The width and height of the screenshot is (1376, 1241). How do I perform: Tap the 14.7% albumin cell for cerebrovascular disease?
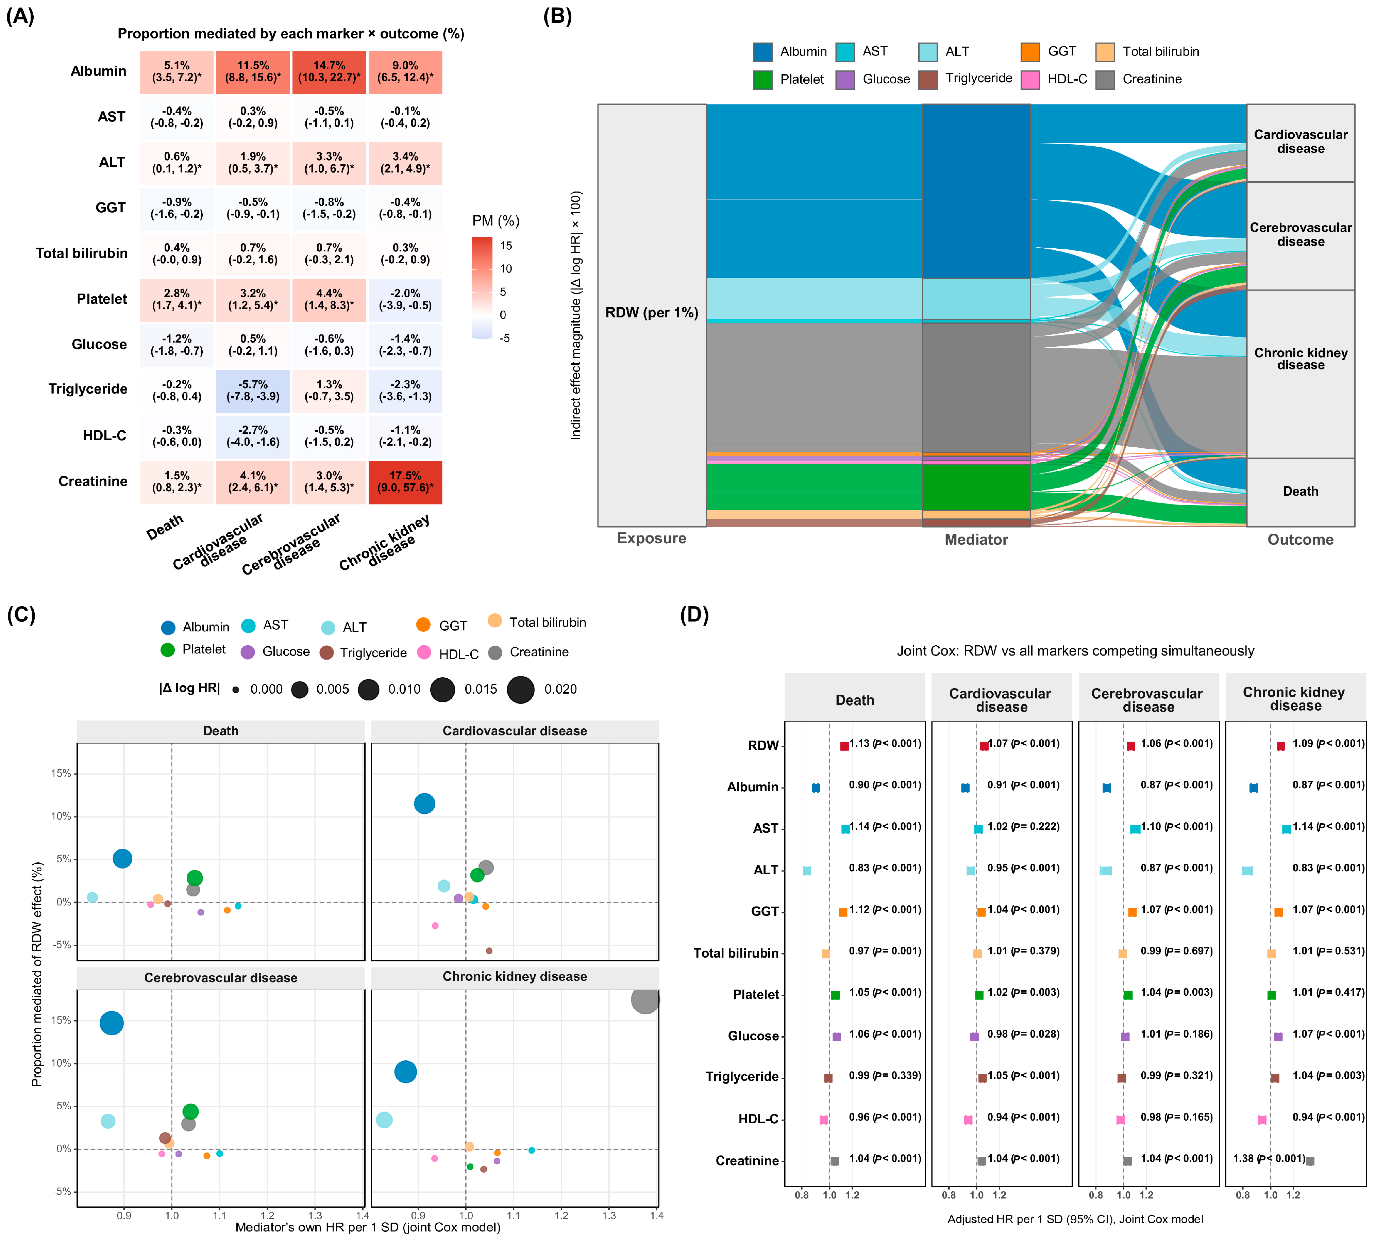329,71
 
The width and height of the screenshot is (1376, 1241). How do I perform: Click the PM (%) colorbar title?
496,221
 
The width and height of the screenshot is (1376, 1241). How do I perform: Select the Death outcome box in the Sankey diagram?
1301,492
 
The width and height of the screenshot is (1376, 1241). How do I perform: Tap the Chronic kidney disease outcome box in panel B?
1301,374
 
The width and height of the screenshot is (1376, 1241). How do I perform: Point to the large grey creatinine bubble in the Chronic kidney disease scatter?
645,999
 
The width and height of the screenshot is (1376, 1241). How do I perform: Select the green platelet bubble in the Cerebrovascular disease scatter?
191,1111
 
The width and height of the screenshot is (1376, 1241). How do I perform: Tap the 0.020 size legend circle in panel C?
521,689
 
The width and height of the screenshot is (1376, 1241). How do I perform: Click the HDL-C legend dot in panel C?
424,652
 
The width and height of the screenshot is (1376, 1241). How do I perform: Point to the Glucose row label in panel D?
753,1036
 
